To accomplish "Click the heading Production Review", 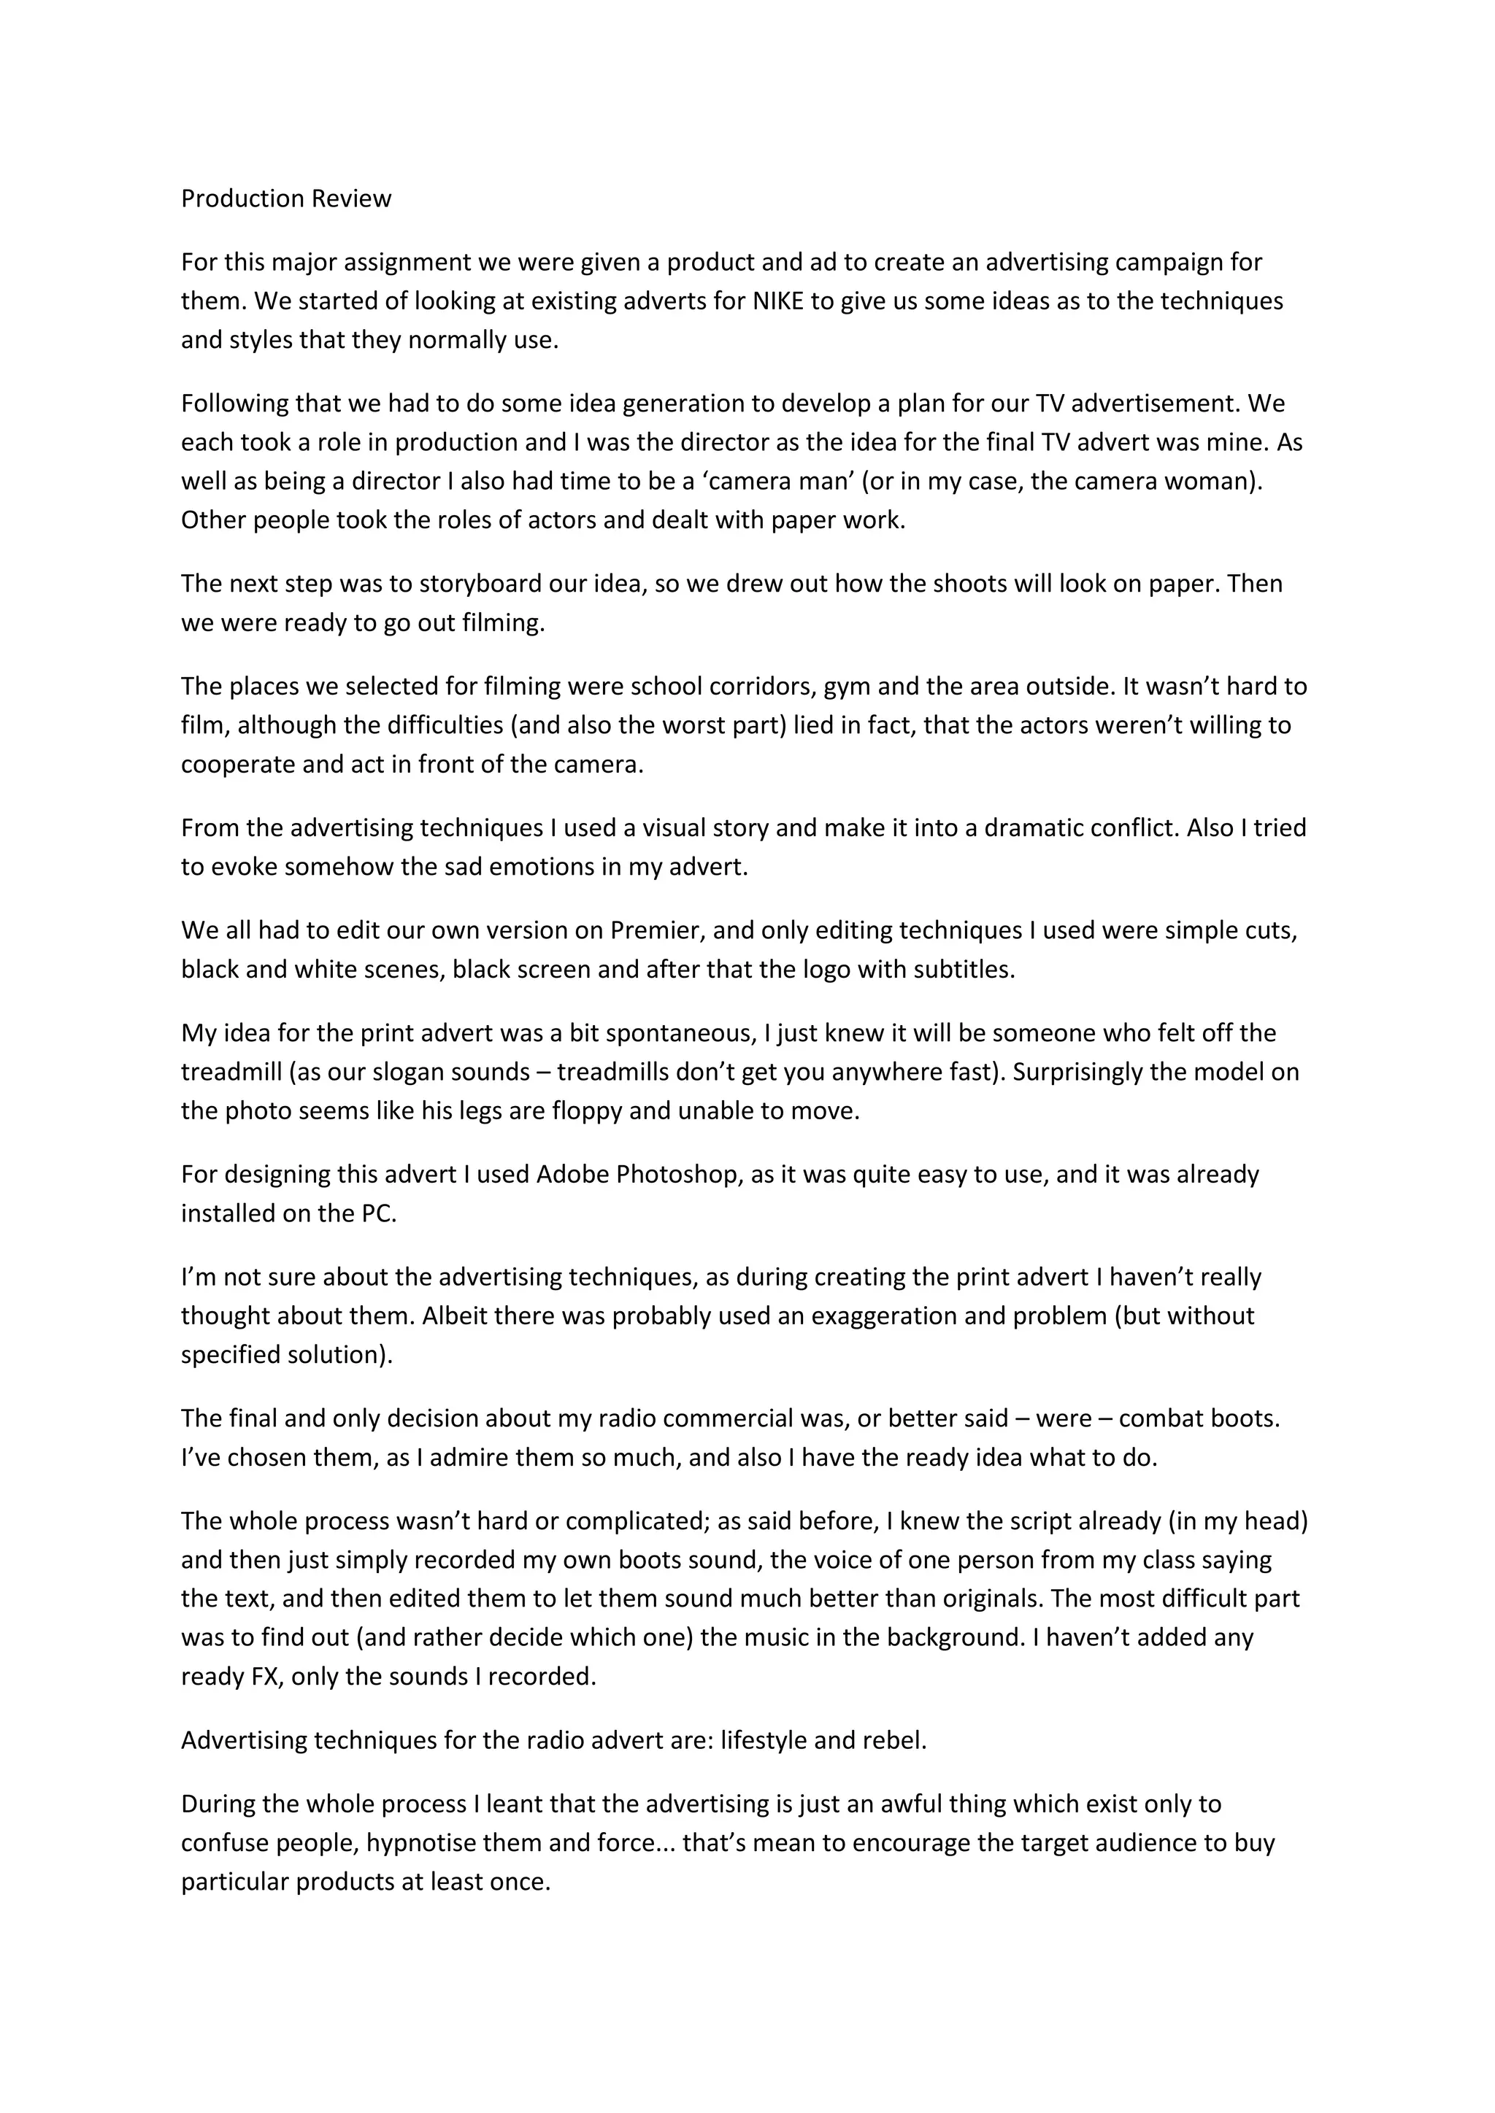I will tap(285, 198).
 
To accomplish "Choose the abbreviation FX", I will tap(266, 1676).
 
